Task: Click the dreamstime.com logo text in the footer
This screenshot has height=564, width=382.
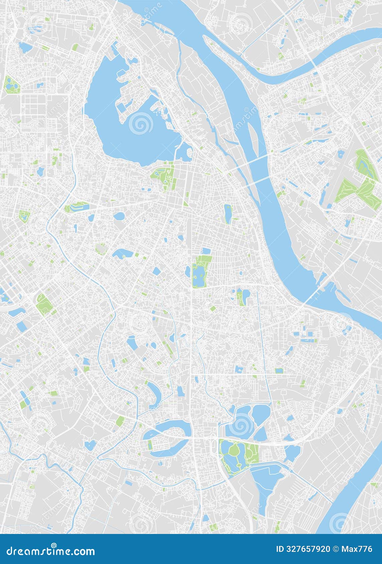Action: coord(50,551)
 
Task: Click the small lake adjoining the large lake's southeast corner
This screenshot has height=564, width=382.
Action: coord(184,153)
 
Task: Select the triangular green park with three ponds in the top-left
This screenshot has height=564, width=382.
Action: coord(11,85)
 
